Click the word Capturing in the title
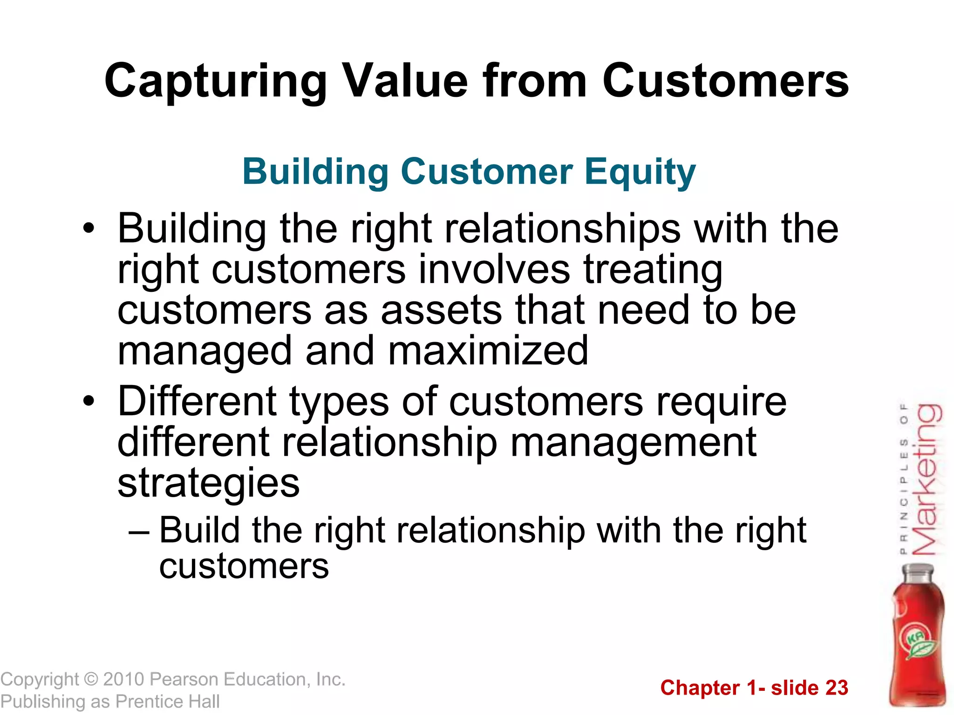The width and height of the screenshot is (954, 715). pos(215,82)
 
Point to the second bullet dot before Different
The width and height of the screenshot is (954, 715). pos(89,401)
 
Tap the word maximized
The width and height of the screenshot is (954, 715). pos(488,351)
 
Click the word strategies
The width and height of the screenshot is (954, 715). pos(208,483)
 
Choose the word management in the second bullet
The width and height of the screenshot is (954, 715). pos(633,442)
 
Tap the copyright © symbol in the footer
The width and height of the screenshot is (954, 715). pos(91,680)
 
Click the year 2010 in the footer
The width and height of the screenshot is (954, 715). pos(124,680)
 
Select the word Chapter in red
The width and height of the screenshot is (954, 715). pos(700,688)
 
